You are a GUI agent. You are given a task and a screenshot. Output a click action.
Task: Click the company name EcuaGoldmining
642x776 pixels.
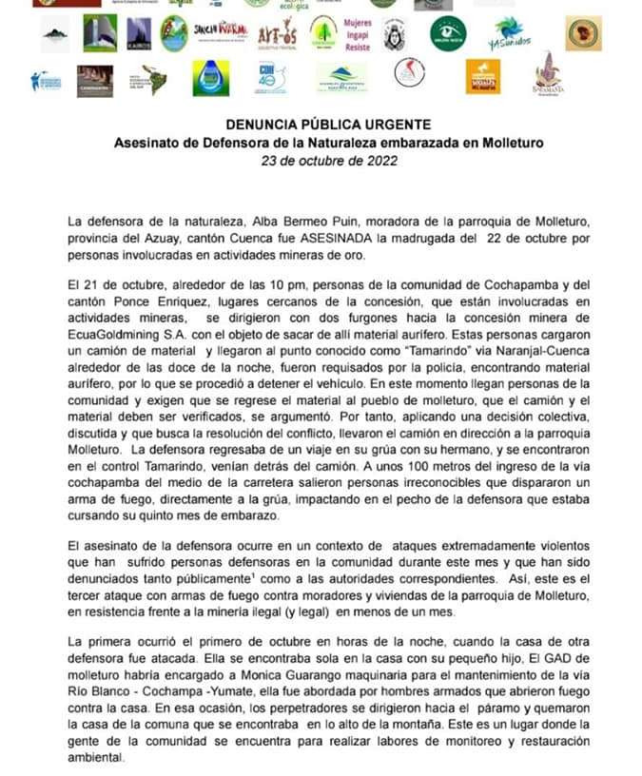pos(111,333)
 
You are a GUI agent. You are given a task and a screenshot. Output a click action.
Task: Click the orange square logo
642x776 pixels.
pos(482,77)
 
